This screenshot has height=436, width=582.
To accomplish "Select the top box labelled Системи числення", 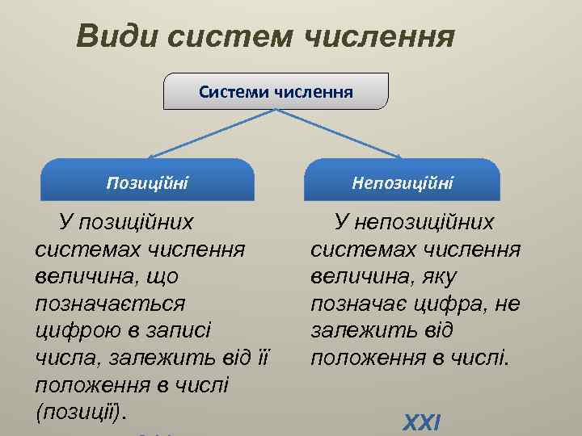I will (x=276, y=91).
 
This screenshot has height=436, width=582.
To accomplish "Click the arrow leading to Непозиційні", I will (x=339, y=133).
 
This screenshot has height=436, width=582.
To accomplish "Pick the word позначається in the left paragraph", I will (x=110, y=304).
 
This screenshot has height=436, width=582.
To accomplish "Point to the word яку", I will (x=440, y=276).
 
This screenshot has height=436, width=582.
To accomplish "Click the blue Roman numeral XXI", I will (x=422, y=422).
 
